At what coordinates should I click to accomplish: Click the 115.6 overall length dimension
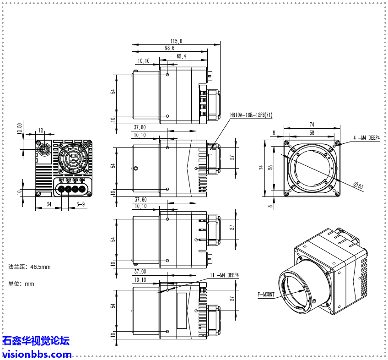pos(176,41)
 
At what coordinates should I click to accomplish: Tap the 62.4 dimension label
pos(181,56)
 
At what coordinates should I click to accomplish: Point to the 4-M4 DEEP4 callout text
pos(366,137)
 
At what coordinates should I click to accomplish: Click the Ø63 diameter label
pos(358,185)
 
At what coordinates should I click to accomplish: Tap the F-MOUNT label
pos(266,295)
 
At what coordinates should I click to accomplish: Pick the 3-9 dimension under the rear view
pos(80,204)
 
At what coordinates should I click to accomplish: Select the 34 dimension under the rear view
pos(48,204)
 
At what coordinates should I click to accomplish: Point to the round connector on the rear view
pos(43,150)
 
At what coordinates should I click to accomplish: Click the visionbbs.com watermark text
pos(37,354)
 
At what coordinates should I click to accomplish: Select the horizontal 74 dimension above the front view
pos(312,124)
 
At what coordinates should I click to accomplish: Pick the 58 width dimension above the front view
pos(312,133)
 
